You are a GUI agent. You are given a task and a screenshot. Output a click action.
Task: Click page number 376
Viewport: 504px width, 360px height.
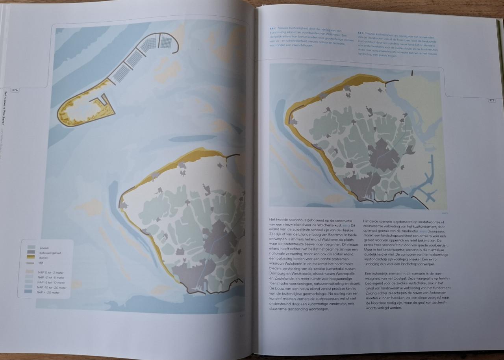[x=15, y=90]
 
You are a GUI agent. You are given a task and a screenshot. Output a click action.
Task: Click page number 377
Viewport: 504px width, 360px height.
[x=491, y=100]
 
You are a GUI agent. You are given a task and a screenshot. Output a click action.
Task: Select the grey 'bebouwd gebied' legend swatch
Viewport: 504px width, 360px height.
[x=32, y=252]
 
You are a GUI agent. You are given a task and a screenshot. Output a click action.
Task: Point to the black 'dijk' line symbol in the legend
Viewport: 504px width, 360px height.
[x=32, y=262]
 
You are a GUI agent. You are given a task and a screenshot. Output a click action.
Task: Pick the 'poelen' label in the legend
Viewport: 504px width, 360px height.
[x=44, y=248]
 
